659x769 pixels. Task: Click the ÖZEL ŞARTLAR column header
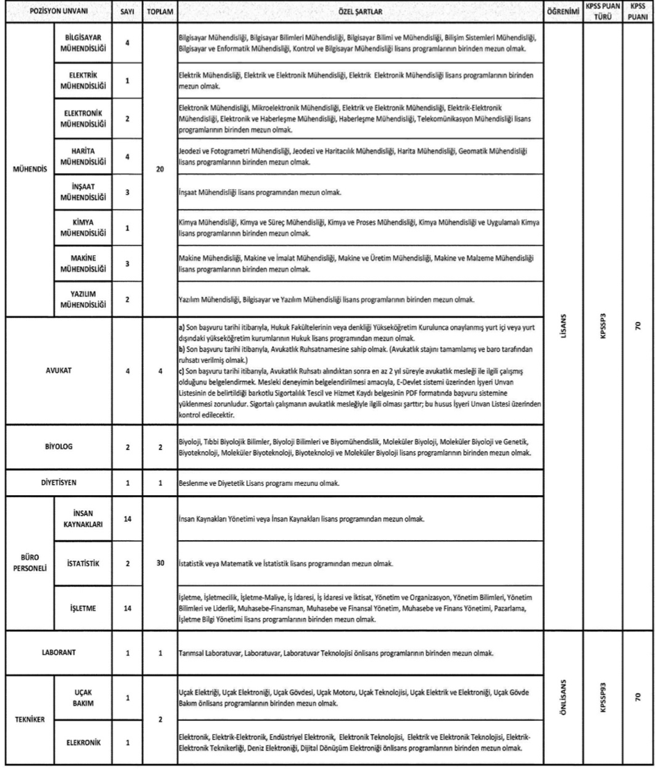coord(361,11)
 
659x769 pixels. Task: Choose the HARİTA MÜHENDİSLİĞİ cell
coord(78,157)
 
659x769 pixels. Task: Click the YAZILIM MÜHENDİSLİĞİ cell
coord(78,299)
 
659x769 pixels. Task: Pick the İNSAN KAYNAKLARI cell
coord(78,519)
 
